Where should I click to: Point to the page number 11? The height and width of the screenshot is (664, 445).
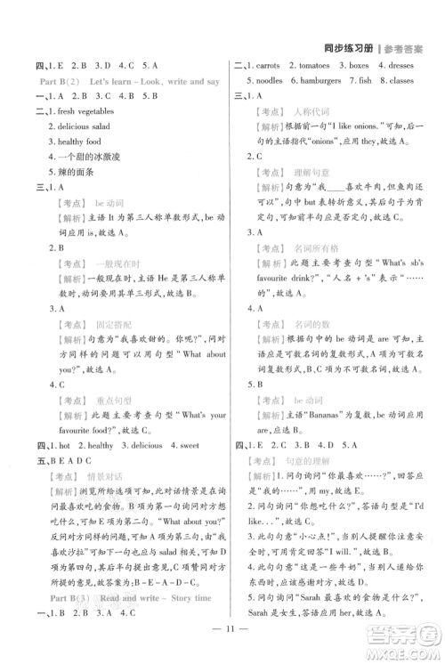tap(222, 644)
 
